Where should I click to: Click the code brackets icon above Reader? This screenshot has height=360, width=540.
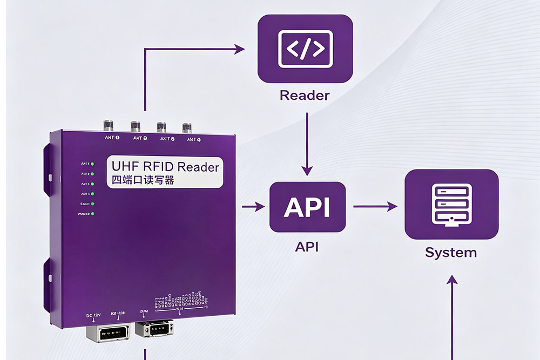tap(305, 49)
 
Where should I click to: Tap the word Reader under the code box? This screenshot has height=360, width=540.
tap(305, 96)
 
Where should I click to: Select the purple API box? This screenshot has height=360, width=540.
tap(307, 207)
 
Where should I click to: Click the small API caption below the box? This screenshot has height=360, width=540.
tap(307, 247)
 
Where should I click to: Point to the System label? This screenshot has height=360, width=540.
tap(451, 252)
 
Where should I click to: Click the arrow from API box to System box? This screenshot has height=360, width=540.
tap(375, 206)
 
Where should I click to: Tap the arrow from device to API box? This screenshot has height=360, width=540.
tap(253, 206)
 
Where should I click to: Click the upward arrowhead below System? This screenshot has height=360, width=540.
tap(451, 280)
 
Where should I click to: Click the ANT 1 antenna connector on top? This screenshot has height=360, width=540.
tap(108, 126)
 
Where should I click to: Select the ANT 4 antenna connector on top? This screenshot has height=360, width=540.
tap(187, 127)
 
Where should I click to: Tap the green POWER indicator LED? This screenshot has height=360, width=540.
tap(92, 214)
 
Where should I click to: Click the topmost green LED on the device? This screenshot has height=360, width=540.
tap(92, 164)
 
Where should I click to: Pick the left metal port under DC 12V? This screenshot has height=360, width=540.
tap(107, 333)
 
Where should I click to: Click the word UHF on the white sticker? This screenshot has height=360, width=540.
tap(123, 166)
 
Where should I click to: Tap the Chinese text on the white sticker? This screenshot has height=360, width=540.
tap(143, 180)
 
